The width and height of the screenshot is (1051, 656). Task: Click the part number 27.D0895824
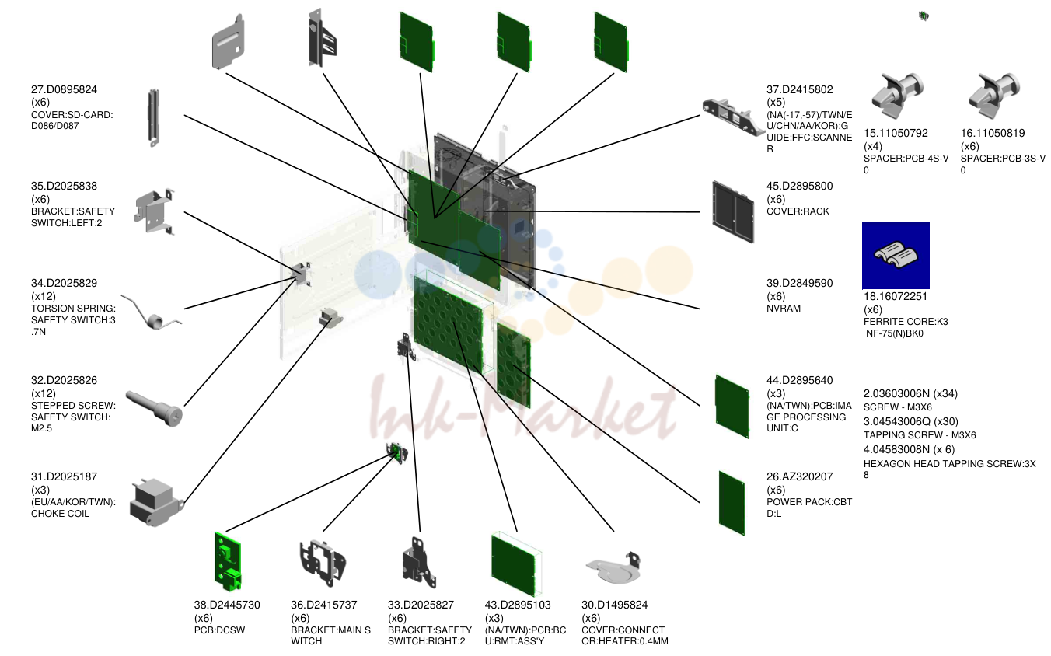[x=64, y=89]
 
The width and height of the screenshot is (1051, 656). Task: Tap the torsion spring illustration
[x=151, y=313]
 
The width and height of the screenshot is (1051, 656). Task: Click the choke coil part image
[x=156, y=503]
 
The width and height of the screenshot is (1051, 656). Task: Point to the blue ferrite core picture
[x=896, y=255]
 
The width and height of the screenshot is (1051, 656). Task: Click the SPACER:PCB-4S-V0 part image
[x=897, y=96]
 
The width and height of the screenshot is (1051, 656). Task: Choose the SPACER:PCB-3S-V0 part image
[x=994, y=96]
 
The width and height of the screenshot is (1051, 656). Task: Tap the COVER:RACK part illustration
[x=733, y=211]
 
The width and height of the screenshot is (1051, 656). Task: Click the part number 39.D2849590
[x=799, y=284]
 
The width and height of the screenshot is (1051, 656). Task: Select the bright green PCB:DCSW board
[x=228, y=562]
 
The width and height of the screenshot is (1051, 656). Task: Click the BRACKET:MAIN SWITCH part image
[x=323, y=563]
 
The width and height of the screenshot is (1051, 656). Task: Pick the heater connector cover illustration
[x=613, y=567]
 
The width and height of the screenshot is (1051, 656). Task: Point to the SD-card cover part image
[x=153, y=118]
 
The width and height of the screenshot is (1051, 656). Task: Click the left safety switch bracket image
[x=155, y=211]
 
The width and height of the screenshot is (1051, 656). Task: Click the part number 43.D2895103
[x=518, y=605]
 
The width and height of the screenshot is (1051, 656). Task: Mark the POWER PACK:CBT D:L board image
[x=732, y=503]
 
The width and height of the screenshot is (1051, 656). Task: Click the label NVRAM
[x=784, y=309]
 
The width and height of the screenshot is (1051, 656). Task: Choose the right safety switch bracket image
[x=419, y=563]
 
